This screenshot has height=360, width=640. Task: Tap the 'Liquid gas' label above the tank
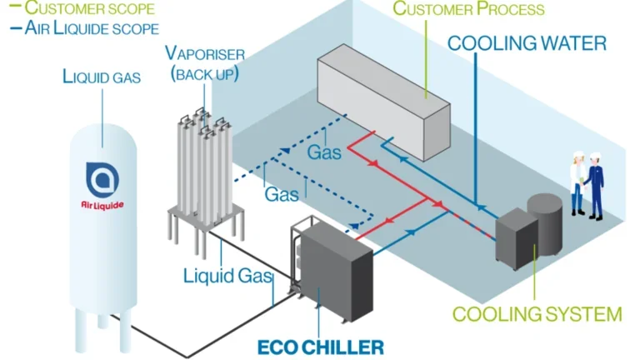(102, 77)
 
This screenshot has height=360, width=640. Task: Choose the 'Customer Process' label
(468, 10)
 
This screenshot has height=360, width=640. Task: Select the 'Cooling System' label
(537, 314)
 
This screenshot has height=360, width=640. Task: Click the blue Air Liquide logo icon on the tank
(102, 177)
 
